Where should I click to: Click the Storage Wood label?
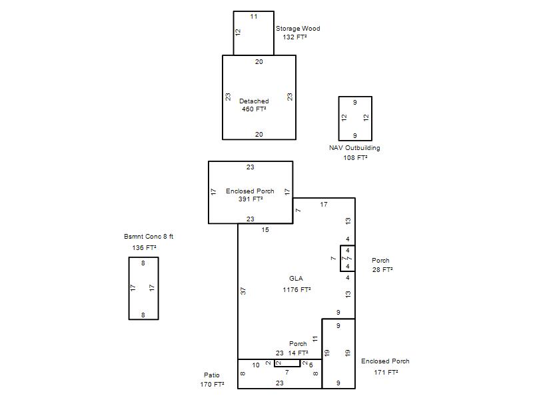coord(298,29)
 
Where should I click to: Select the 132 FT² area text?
coord(294,37)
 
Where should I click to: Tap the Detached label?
coord(254,101)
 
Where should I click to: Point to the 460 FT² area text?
coord(254,109)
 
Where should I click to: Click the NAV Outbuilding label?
coord(354,148)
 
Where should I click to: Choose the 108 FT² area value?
coord(355,158)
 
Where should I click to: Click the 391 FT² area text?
coord(251,199)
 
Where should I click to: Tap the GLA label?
coord(296,279)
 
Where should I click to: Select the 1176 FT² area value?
coord(296,290)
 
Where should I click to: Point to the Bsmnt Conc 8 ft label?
coord(149,237)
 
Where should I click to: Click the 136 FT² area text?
coord(144,248)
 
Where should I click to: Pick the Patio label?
coord(212,375)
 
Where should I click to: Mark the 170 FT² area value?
coord(212,385)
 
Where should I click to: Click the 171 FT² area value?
coord(386,373)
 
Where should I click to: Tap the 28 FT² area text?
coord(382,270)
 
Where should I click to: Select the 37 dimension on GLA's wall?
coord(243,291)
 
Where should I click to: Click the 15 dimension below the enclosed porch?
coord(265,230)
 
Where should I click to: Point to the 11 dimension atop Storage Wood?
coord(254,17)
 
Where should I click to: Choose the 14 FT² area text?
coord(298,353)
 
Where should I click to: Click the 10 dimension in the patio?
coord(256,365)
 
